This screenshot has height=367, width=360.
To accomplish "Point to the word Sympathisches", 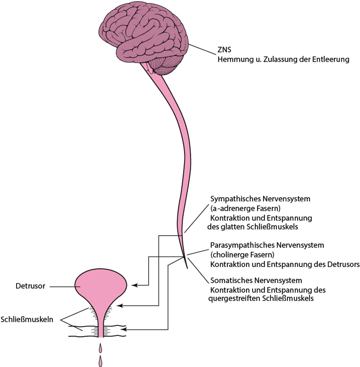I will point(233,199).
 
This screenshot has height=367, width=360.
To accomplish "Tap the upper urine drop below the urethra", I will point(101,347).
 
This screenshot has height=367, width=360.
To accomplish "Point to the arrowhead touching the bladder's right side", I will point(134,285).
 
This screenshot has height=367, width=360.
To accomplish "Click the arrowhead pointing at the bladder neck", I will point(121,306).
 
